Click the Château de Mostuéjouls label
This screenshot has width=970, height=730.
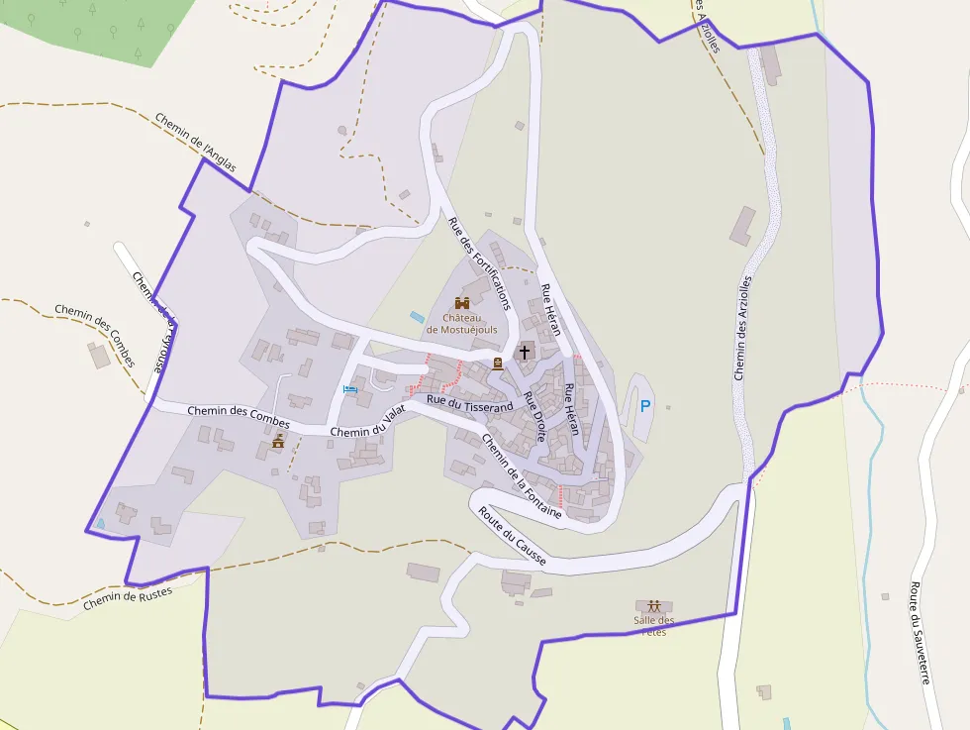pos(461,323)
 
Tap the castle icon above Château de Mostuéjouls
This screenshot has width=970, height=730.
pos(461,302)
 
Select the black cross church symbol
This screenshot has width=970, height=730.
pos(525,352)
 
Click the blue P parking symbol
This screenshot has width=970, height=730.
pos(645,405)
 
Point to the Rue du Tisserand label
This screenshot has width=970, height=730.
pos(470,403)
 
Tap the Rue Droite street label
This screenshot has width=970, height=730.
pos(534,416)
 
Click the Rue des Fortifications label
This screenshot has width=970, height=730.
pos(479,263)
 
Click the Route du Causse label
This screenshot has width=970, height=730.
pos(512,536)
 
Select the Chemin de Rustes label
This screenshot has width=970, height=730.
pos(128,597)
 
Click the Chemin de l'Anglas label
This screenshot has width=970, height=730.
pos(196,142)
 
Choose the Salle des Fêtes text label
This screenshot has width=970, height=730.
pos(653,626)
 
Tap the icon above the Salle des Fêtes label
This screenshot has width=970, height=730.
pos(653,605)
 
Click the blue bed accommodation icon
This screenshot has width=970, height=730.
pos(349,388)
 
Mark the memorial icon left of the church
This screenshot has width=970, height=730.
pos(498,364)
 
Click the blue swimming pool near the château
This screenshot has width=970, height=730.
pos(417,317)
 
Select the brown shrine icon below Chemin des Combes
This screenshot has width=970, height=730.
pos(278,441)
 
